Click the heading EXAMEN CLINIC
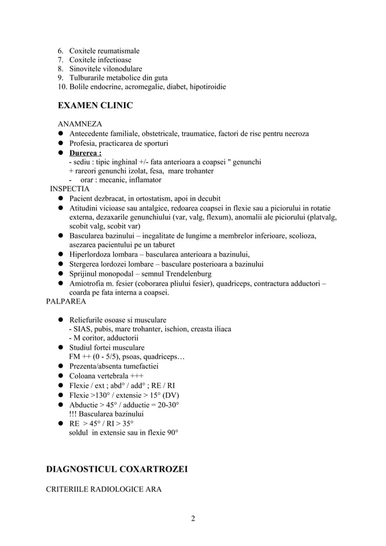coord(94,106)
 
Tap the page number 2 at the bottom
coord(192,518)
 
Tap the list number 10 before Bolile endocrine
coord(62,87)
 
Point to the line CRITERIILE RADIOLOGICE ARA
coord(103,489)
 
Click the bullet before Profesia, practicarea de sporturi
coord(61,143)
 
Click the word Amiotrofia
coord(89,284)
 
